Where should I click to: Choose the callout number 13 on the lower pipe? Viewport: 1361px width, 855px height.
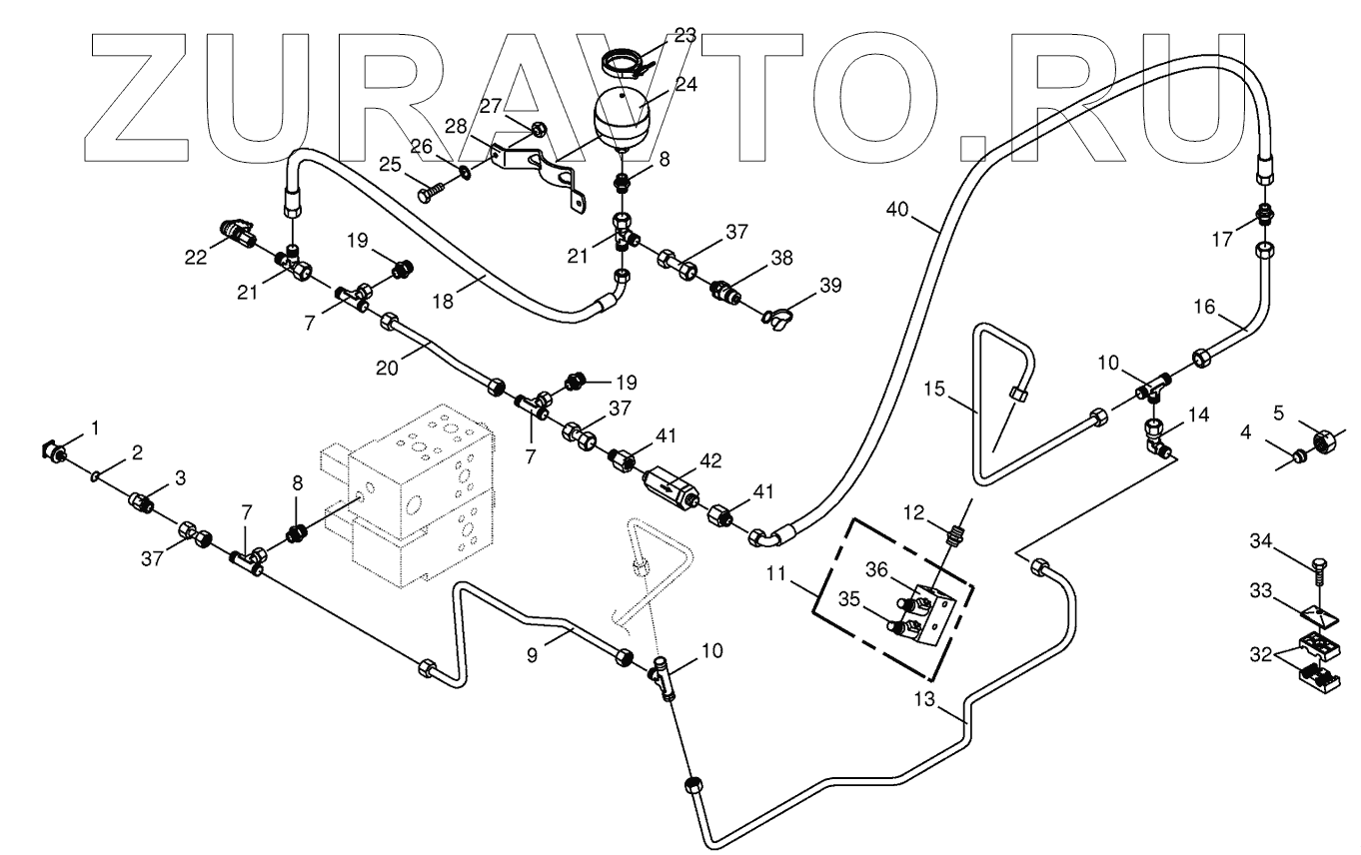point(925,702)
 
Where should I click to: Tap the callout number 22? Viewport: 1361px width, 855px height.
point(196,257)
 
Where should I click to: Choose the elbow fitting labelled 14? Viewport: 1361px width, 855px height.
point(1156,437)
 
